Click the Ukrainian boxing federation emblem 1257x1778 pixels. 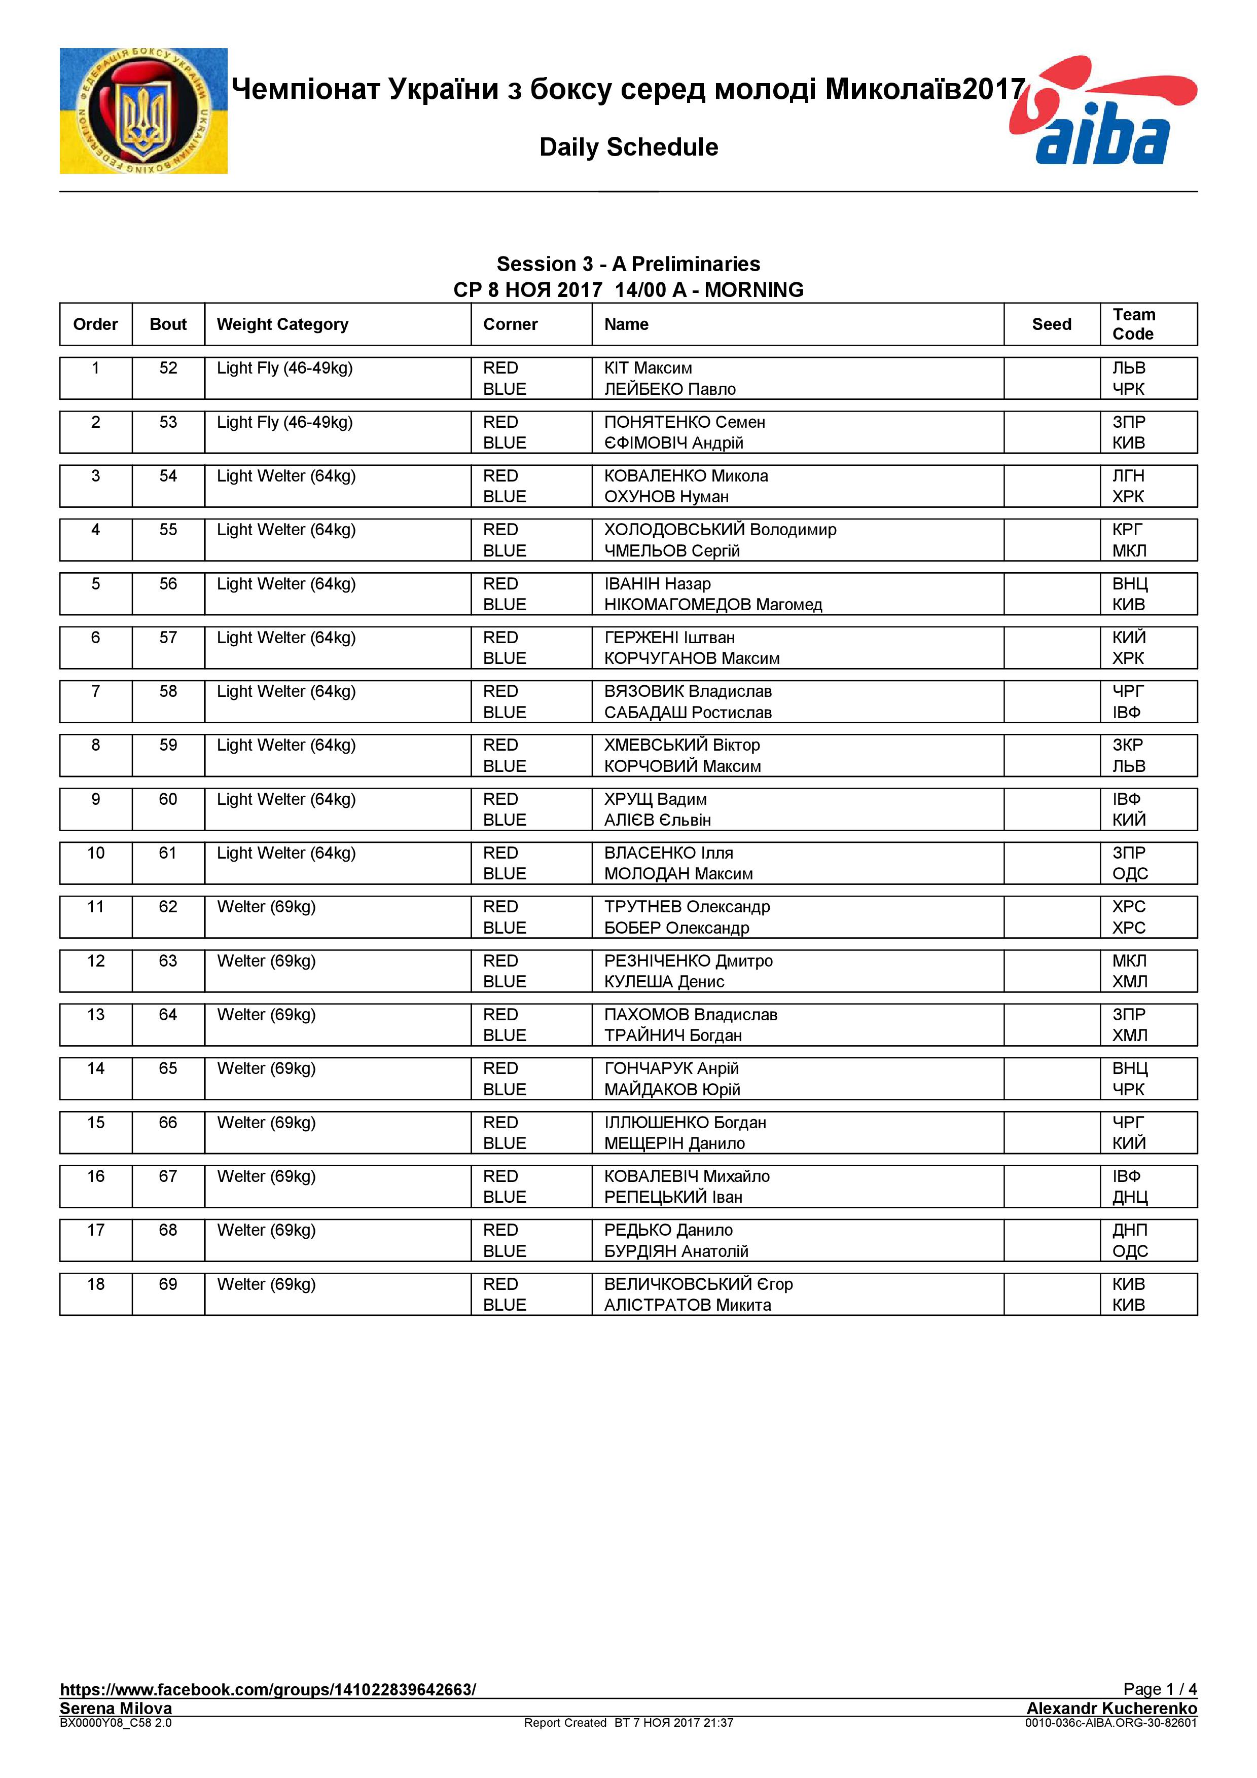tap(143, 110)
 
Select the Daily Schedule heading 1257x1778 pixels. tap(628, 147)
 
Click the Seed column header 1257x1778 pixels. tap(1051, 324)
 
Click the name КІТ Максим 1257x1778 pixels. tap(648, 368)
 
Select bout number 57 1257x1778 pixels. tap(168, 637)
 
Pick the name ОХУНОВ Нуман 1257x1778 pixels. tap(666, 496)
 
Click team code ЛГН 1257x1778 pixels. tap(1128, 475)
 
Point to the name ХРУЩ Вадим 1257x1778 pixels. tap(655, 799)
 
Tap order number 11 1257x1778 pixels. tap(95, 907)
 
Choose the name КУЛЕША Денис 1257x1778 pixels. tap(664, 981)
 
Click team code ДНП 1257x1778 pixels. tap(1129, 1230)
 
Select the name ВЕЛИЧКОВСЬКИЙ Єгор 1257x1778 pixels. tap(698, 1284)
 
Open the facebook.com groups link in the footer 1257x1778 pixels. tap(267, 1689)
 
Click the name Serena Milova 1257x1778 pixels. tap(116, 1708)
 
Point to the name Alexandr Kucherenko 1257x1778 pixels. tap(1111, 1708)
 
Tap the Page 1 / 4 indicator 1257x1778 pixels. tap(1160, 1689)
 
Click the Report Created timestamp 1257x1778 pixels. tap(628, 1722)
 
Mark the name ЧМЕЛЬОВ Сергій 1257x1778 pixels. tap(671, 550)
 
